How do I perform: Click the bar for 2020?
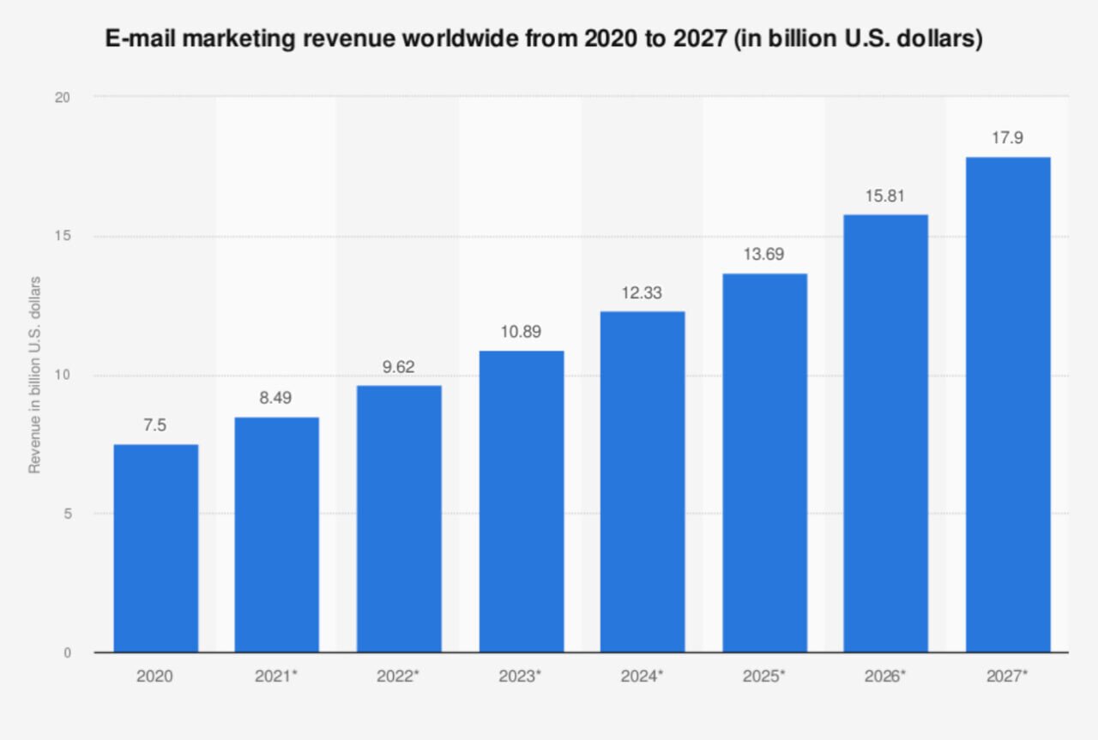pos(155,548)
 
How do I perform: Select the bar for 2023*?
pos(521,502)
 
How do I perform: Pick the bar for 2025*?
pos(764,463)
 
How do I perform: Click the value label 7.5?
pos(155,425)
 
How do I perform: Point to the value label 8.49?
pos(277,398)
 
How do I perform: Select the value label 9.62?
pos(399,366)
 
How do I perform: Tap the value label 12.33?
pos(643,292)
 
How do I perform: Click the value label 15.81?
pos(885,196)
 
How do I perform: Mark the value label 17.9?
pos(1007,137)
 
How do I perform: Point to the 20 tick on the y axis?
pos(62,98)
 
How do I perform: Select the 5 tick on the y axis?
pos(65,514)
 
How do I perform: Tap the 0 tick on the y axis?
pos(65,653)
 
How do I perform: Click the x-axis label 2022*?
pos(398,676)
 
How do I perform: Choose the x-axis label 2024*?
pos(642,676)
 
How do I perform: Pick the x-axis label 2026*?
pos(885,676)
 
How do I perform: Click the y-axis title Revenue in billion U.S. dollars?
pos(35,375)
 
